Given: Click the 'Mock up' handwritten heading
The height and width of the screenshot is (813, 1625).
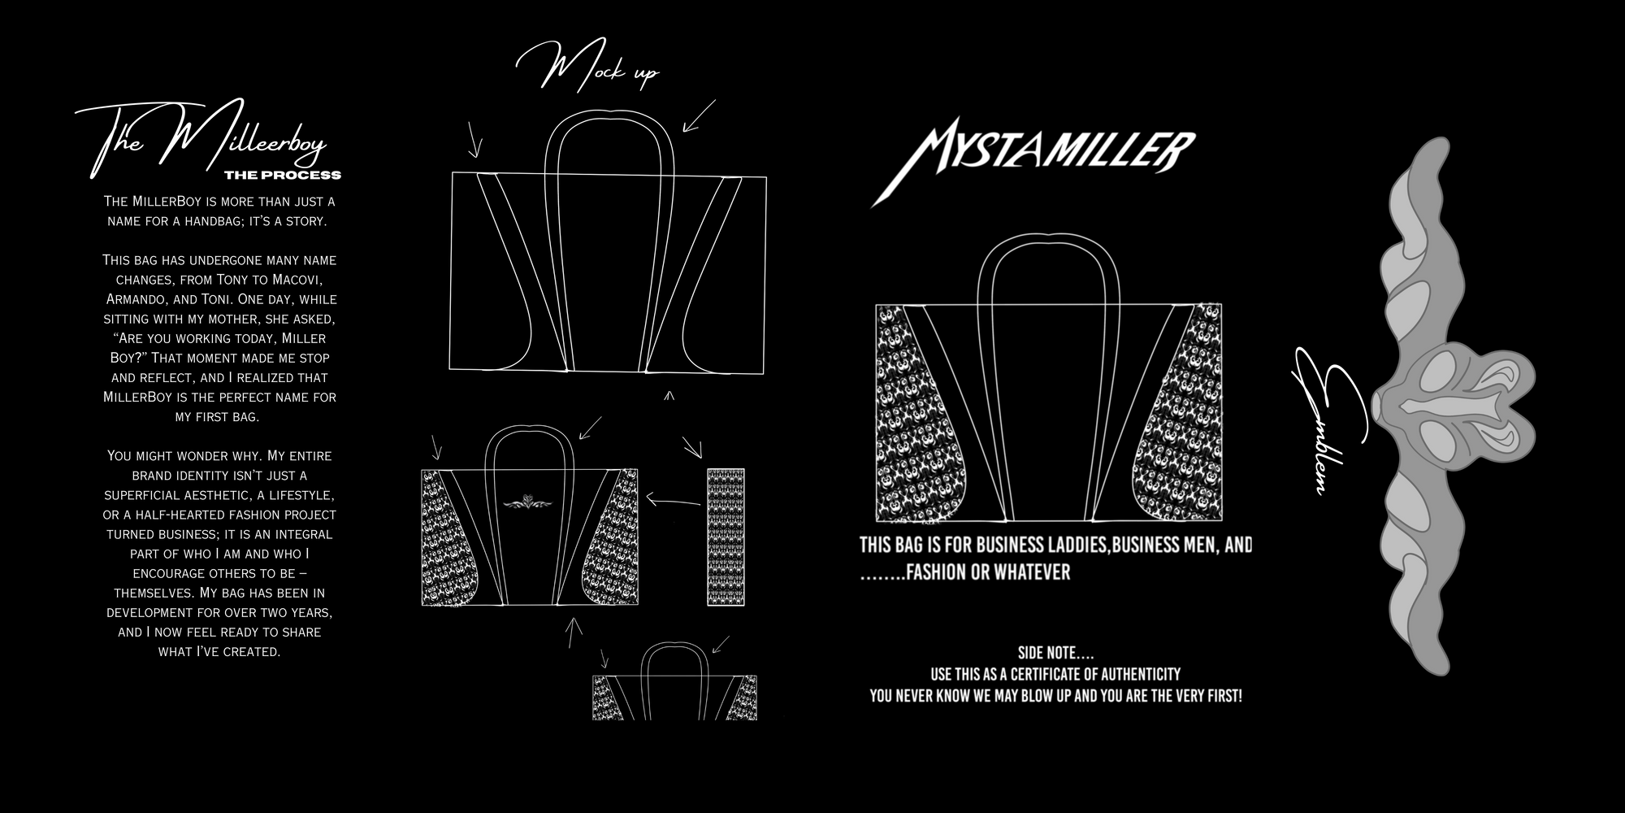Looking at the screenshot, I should tap(587, 70).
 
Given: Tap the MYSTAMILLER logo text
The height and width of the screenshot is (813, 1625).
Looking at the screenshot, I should tap(1033, 163).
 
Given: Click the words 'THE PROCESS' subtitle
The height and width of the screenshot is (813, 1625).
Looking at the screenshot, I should tap(282, 175).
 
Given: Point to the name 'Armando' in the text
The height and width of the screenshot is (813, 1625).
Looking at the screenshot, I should tap(136, 299).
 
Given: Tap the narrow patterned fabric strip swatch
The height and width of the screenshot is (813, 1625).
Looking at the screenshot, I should tap(726, 537).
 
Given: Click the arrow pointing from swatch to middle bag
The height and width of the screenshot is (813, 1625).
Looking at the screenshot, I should tap(673, 500).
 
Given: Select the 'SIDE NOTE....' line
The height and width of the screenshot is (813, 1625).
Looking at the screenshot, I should tap(1055, 653).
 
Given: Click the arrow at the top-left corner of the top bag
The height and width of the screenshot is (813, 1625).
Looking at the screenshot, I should tap(474, 140).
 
